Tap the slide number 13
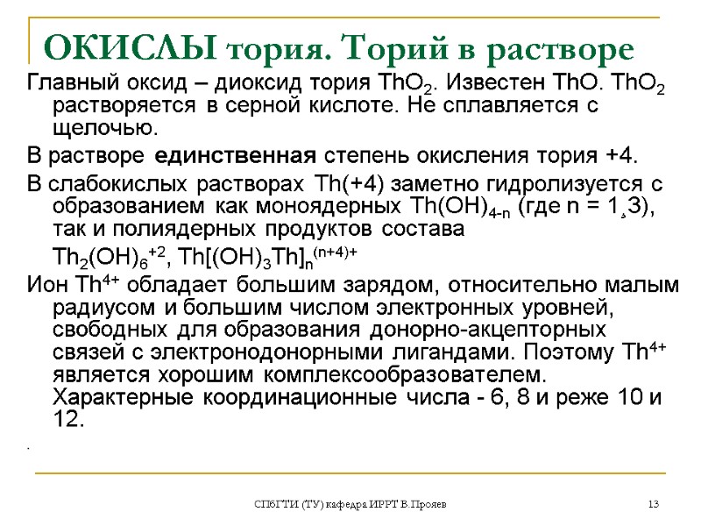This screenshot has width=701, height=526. coord(653,504)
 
